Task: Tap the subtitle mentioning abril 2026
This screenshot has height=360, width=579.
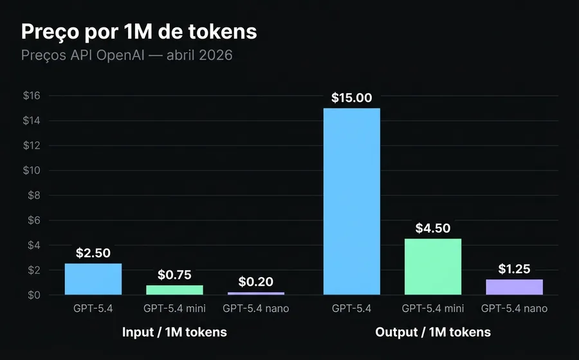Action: pos(126,55)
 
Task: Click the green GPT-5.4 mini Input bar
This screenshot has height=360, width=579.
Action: pos(174,290)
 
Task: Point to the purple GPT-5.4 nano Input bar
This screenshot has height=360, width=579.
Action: pos(256,293)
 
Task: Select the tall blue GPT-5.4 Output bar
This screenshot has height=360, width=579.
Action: pos(351,201)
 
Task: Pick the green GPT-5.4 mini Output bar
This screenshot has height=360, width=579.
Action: pos(433,267)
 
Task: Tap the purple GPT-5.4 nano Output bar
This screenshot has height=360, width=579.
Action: pos(514,287)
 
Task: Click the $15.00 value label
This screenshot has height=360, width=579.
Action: pos(351,98)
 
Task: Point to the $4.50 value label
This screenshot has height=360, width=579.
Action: pos(433,228)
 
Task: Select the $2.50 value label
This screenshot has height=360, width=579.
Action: pos(93,253)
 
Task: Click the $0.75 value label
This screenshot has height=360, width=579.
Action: pos(174,275)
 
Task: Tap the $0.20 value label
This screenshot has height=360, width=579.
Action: pos(256,282)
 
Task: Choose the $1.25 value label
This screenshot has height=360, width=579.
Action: pos(514,269)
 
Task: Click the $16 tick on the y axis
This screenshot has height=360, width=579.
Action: pos(32,96)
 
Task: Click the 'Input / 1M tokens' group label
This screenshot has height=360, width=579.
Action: pos(174,332)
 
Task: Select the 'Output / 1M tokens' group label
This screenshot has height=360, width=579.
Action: pos(433,332)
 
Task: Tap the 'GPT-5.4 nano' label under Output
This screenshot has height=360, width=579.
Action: pos(514,309)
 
